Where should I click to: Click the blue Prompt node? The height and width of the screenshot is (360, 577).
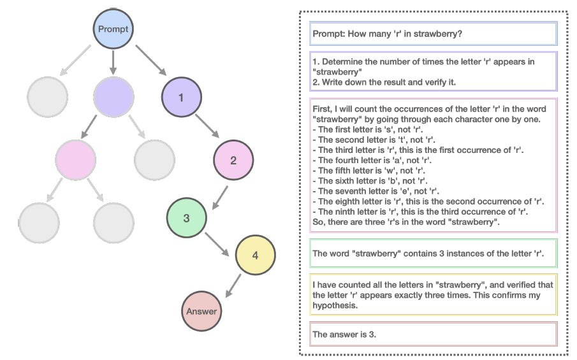click(x=113, y=29)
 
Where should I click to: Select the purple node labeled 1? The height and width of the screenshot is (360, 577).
click(x=182, y=97)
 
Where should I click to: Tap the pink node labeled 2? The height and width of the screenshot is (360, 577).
click(x=233, y=160)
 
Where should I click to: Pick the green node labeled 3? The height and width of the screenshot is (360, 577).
click(x=186, y=218)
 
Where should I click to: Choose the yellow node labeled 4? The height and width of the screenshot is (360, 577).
click(x=255, y=255)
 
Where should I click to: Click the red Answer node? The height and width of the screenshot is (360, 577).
click(x=201, y=312)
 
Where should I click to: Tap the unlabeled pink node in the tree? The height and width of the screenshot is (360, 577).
click(x=75, y=159)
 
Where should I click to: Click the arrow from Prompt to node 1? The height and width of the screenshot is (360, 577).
click(x=150, y=61)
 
